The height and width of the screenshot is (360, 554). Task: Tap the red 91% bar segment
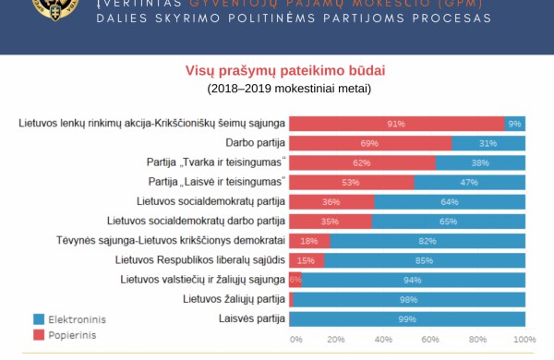pos(397,124)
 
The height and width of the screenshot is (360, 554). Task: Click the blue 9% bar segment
pos(514,124)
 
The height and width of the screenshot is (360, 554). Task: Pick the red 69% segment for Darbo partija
pos(370,143)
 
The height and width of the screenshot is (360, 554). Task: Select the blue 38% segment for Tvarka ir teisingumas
pos(480,162)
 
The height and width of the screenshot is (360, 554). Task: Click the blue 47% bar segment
pos(469,182)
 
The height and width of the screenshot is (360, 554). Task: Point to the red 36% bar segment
pos(331,202)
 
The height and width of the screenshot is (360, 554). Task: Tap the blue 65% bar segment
pos(449,222)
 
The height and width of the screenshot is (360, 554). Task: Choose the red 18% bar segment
pos(310,241)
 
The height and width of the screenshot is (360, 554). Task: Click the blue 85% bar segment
pos(425,260)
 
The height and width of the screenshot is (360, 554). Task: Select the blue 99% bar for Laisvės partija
pos(408,319)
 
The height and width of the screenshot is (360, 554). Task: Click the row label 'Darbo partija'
pos(254,143)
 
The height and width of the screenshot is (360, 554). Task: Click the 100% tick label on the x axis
pos(523,340)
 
